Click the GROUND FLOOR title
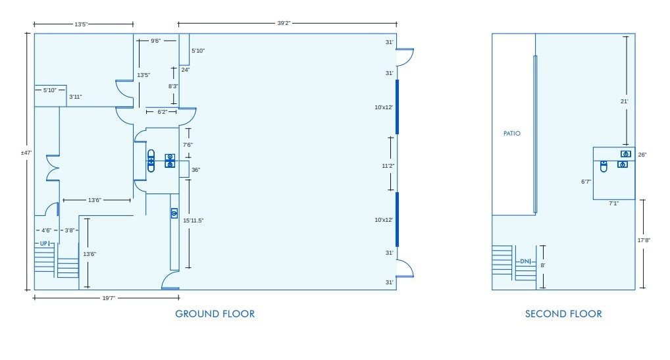(x=215, y=314)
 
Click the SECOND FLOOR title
(x=563, y=314)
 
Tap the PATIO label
(x=512, y=134)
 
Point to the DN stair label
(x=525, y=262)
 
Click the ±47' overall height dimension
(x=26, y=153)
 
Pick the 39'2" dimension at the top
(x=284, y=23)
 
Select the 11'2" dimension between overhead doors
(x=388, y=167)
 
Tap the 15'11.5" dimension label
(x=193, y=220)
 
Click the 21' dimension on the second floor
(x=625, y=101)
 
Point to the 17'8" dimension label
(x=643, y=240)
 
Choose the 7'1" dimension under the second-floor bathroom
(x=613, y=204)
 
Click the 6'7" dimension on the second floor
(x=586, y=182)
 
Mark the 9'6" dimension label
(x=155, y=41)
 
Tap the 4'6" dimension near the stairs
(x=47, y=230)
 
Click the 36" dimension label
(x=195, y=170)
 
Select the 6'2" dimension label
(x=161, y=113)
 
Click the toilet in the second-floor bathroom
(x=603, y=167)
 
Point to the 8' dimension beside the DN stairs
(x=543, y=265)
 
